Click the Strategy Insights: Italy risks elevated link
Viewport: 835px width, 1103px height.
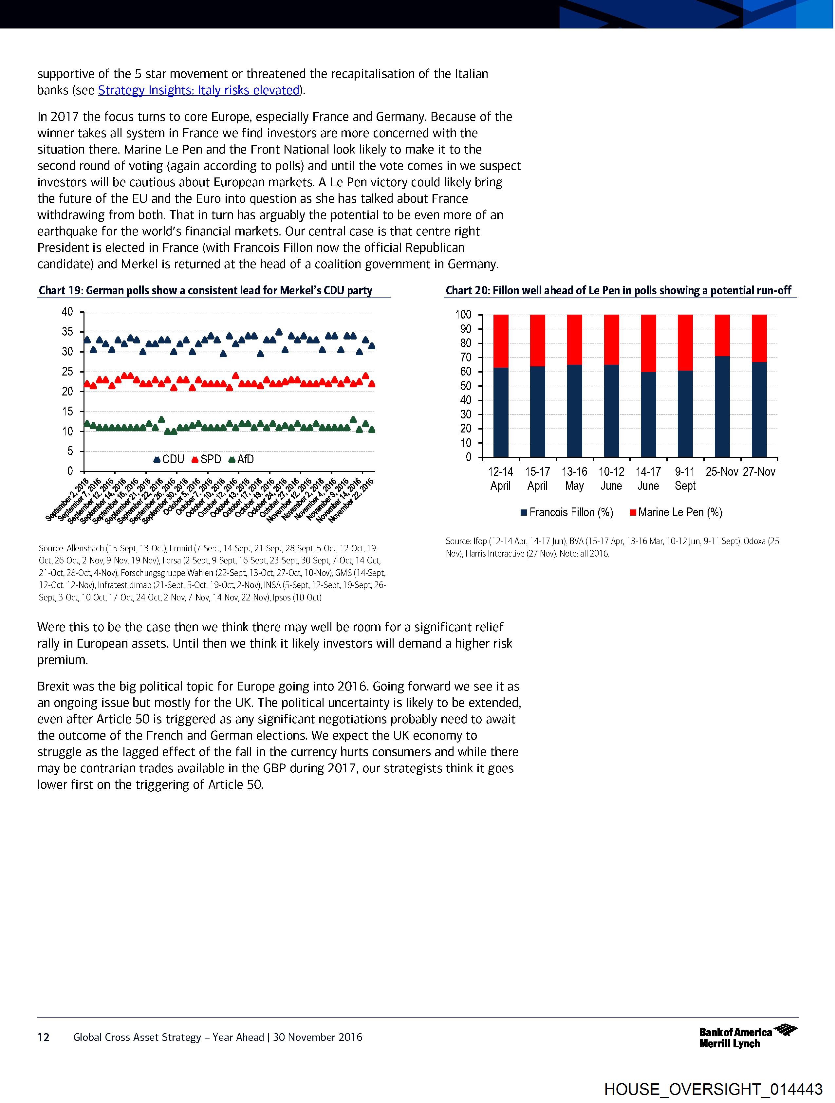point(198,90)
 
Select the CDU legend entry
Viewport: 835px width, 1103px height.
point(169,459)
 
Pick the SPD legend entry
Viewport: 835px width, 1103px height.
point(206,459)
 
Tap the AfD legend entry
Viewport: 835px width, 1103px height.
point(241,459)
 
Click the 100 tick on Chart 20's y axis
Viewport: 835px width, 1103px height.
point(463,315)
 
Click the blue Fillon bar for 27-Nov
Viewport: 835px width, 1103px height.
point(759,409)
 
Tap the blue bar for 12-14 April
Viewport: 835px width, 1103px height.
point(500,412)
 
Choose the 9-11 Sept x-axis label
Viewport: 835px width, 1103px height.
point(685,479)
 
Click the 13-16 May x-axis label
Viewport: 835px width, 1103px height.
point(574,479)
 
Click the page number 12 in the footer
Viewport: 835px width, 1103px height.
point(44,1038)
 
